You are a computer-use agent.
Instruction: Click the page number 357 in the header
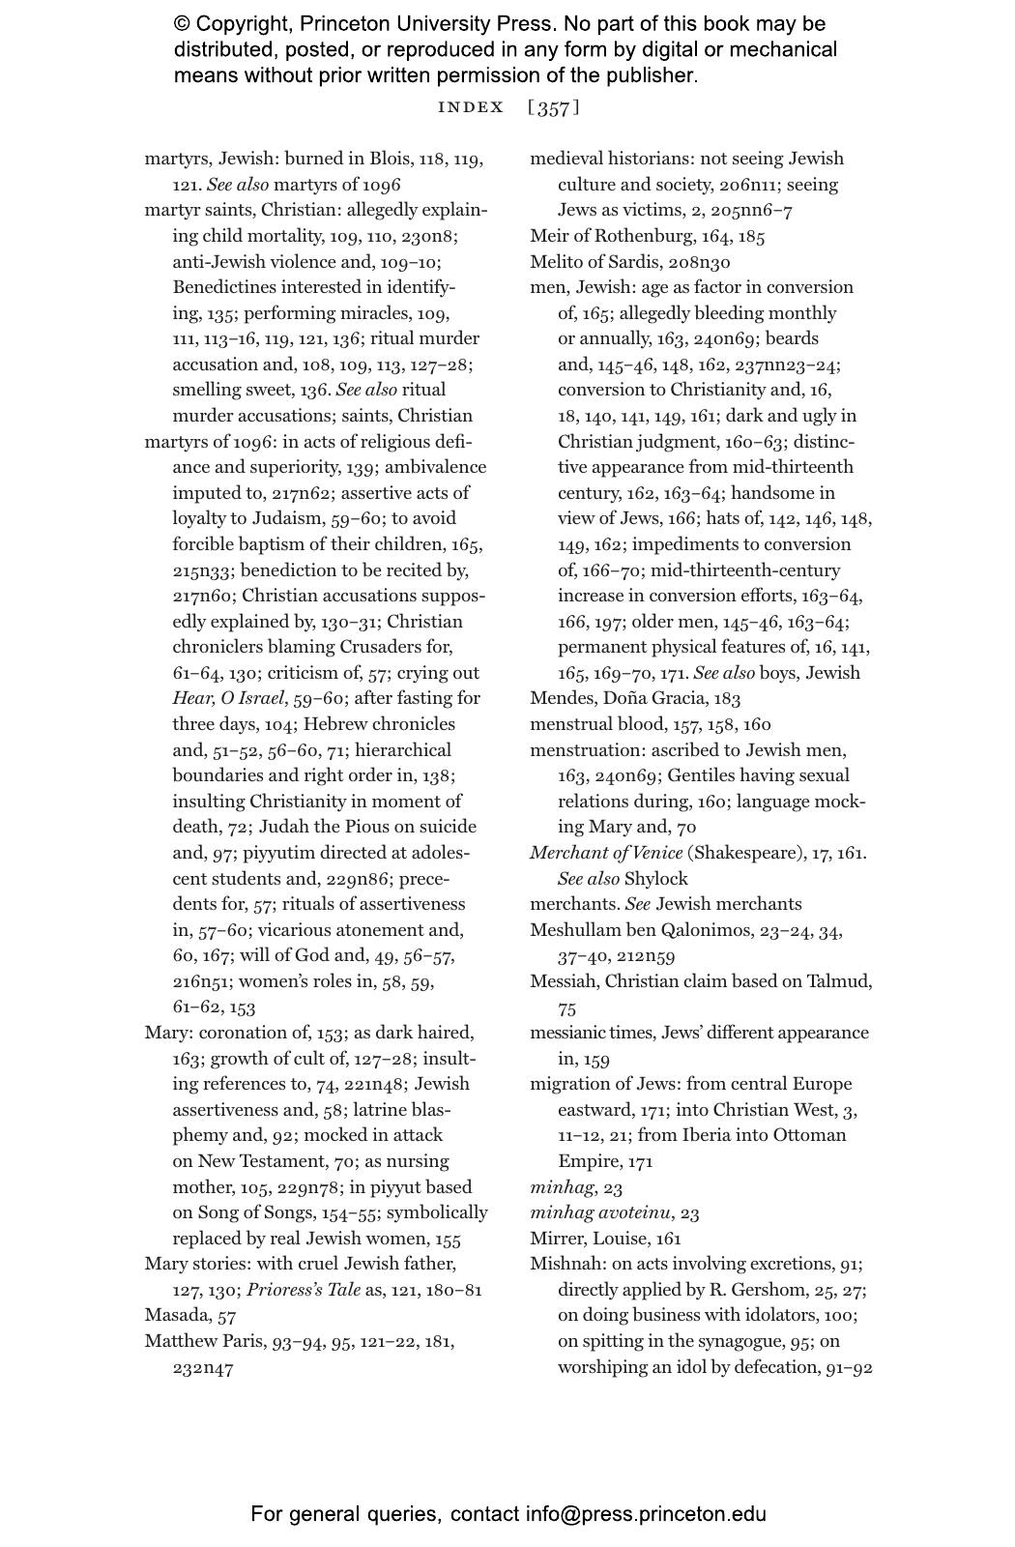tap(554, 107)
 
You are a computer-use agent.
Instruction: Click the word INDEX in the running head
tap(471, 107)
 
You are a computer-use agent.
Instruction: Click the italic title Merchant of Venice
tap(606, 853)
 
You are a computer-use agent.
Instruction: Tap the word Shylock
tap(655, 879)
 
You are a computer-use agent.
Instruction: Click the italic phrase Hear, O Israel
tap(229, 698)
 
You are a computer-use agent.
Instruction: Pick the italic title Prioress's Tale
tap(304, 1290)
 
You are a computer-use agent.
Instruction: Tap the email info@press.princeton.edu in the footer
tap(646, 1514)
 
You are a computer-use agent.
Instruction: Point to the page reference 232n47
tap(203, 1367)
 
